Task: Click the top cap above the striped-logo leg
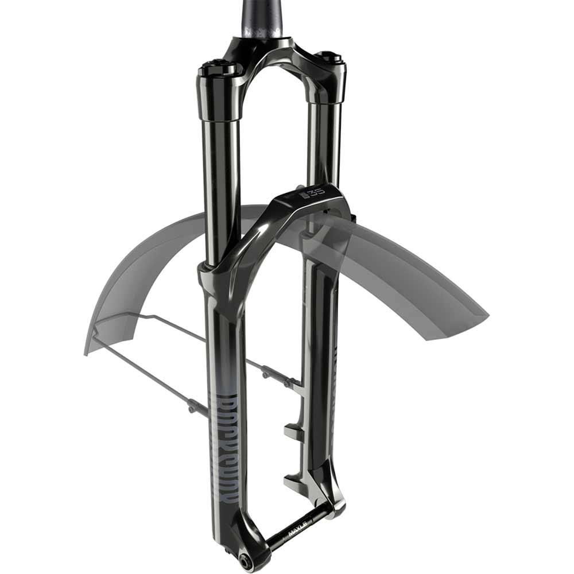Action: (219, 68)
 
